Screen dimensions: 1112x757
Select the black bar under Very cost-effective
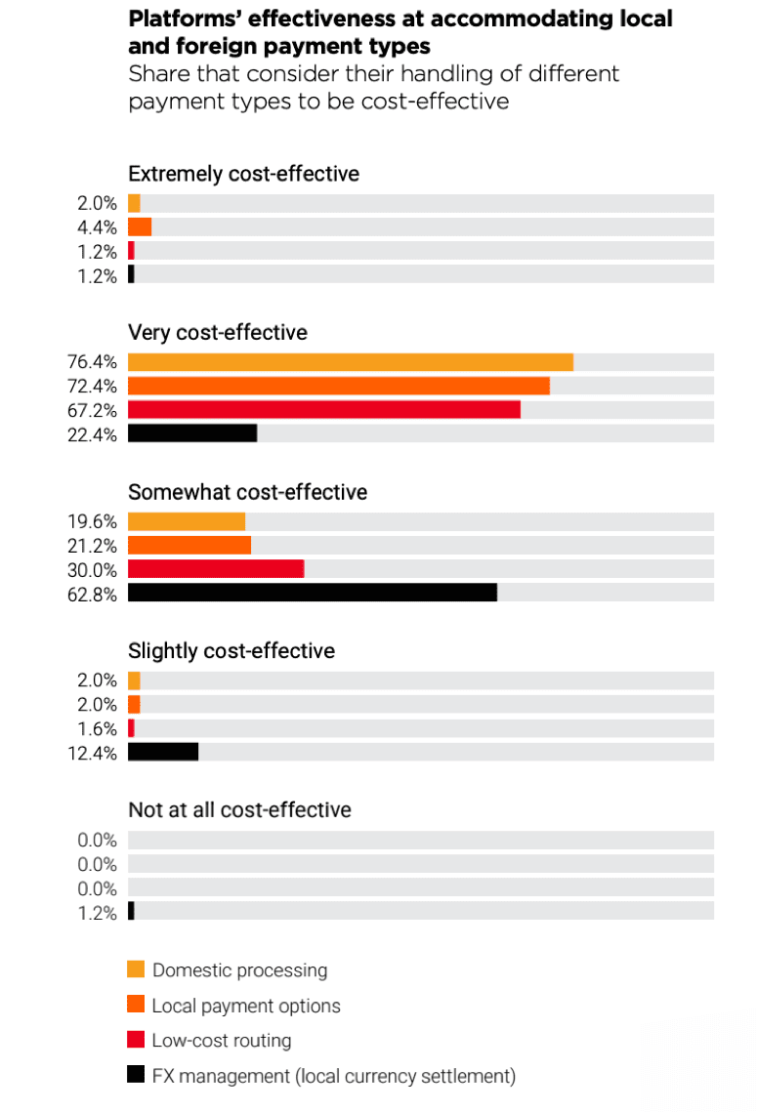(192, 433)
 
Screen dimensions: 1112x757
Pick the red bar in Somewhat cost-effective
(216, 568)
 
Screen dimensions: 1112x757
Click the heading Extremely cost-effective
(243, 174)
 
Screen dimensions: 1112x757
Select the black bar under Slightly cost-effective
(163, 752)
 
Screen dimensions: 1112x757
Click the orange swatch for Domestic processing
(136, 969)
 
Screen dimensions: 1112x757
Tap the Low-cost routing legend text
(222, 1041)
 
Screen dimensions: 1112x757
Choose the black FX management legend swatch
(136, 1076)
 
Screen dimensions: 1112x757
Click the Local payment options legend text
(246, 1006)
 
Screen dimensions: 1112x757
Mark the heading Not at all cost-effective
(239, 810)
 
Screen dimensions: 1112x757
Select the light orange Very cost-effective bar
(350, 362)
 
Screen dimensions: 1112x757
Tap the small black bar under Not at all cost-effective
(131, 911)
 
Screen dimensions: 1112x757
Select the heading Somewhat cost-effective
(248, 492)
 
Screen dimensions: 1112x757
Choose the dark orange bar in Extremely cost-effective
(140, 227)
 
